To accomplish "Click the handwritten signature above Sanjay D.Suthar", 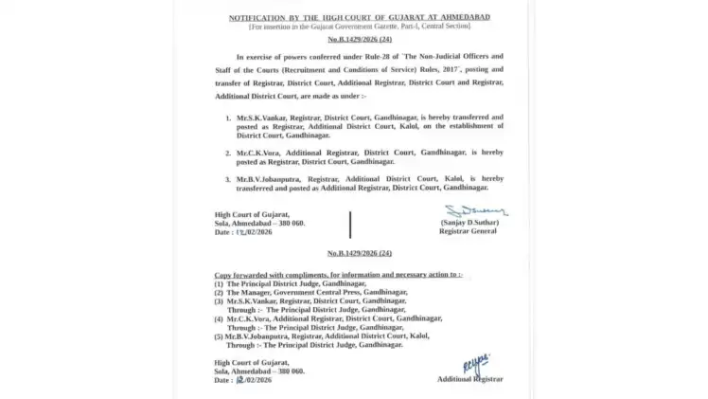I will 475,210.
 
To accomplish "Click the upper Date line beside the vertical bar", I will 243,231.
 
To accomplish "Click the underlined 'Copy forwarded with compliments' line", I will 338,274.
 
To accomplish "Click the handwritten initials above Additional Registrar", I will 477,363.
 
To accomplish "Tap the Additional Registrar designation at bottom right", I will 469,379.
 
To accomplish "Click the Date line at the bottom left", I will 243,379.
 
